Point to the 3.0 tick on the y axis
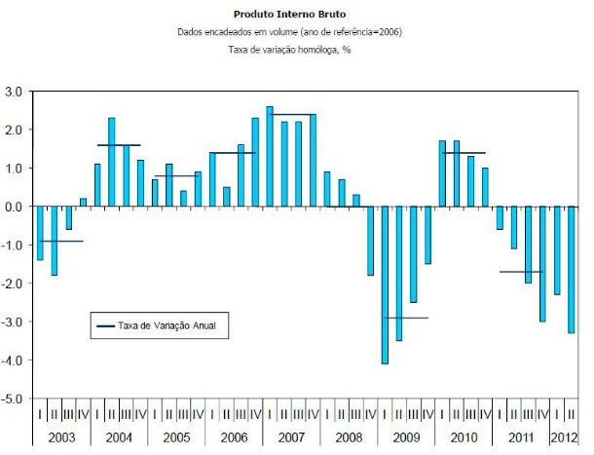tap(13, 92)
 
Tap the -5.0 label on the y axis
tap(13, 399)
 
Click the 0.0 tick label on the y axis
tap(13, 207)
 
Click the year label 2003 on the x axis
tap(61, 436)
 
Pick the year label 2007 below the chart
tap(290, 436)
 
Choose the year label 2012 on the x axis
tap(564, 436)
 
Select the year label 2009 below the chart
tap(405, 436)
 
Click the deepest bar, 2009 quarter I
tap(385, 284)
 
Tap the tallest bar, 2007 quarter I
tap(270, 156)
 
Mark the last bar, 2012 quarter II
tap(571, 270)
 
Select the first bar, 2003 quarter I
tap(40, 234)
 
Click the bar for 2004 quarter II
tap(111, 162)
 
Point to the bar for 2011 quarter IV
tap(542, 264)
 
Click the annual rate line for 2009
tap(405, 318)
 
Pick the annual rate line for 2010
tap(464, 153)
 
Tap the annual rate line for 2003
tap(61, 241)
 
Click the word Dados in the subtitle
tap(191, 32)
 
